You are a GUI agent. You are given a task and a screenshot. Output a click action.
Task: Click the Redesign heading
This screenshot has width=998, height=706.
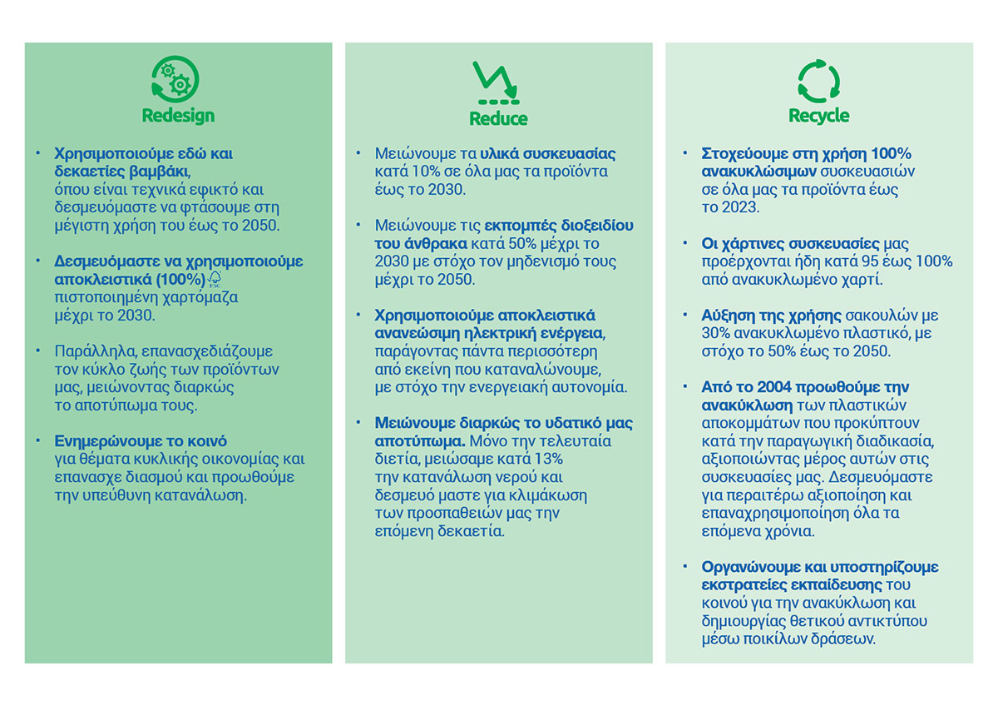pos(178,116)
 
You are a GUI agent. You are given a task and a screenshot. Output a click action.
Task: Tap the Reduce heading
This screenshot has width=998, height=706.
pos(498,118)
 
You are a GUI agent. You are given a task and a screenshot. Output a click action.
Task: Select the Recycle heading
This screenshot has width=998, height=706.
pos(818,116)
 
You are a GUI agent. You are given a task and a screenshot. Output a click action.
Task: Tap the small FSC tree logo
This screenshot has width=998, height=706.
pos(215,279)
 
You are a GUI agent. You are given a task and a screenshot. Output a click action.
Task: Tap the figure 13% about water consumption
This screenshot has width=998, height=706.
pos(546,460)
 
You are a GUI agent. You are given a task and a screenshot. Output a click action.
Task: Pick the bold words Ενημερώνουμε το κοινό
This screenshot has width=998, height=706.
pos(141,441)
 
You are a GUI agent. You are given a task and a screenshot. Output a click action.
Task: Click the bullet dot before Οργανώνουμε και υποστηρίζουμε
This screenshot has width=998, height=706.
pos(684,567)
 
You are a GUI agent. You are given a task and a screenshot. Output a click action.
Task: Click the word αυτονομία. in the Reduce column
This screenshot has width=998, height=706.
pos(596,387)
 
